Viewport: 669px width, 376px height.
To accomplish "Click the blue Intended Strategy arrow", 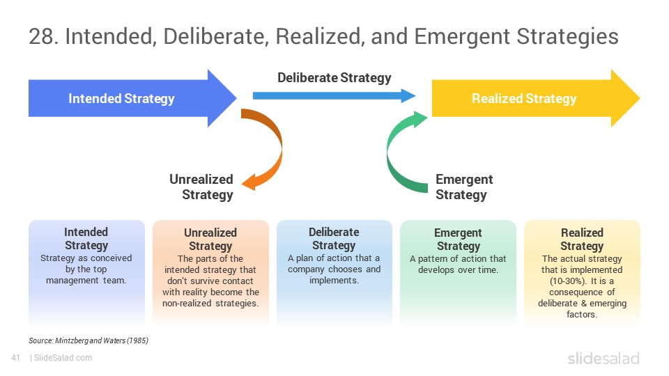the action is click(128, 98).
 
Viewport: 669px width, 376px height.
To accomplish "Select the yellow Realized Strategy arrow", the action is click(533, 98).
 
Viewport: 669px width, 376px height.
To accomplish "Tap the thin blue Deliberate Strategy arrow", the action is click(334, 95).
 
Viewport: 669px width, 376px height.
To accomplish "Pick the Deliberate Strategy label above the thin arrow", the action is click(334, 77).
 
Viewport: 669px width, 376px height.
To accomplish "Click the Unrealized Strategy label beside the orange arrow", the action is click(201, 187).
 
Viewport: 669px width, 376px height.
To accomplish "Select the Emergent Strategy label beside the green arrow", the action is click(464, 187).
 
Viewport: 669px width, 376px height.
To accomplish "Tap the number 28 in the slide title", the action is click(41, 36).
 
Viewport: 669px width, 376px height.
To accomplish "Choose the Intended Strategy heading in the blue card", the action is click(86, 239).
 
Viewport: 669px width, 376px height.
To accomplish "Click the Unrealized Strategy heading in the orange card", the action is click(210, 239).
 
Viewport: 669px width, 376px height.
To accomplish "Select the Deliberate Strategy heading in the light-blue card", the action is click(334, 239).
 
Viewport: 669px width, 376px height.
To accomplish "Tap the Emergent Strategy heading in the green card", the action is click(459, 239).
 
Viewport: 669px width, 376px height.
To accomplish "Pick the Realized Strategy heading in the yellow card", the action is click(582, 239).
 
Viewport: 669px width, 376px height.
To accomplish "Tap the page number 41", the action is click(16, 358).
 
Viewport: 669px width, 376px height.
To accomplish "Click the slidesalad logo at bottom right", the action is click(603, 359).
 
